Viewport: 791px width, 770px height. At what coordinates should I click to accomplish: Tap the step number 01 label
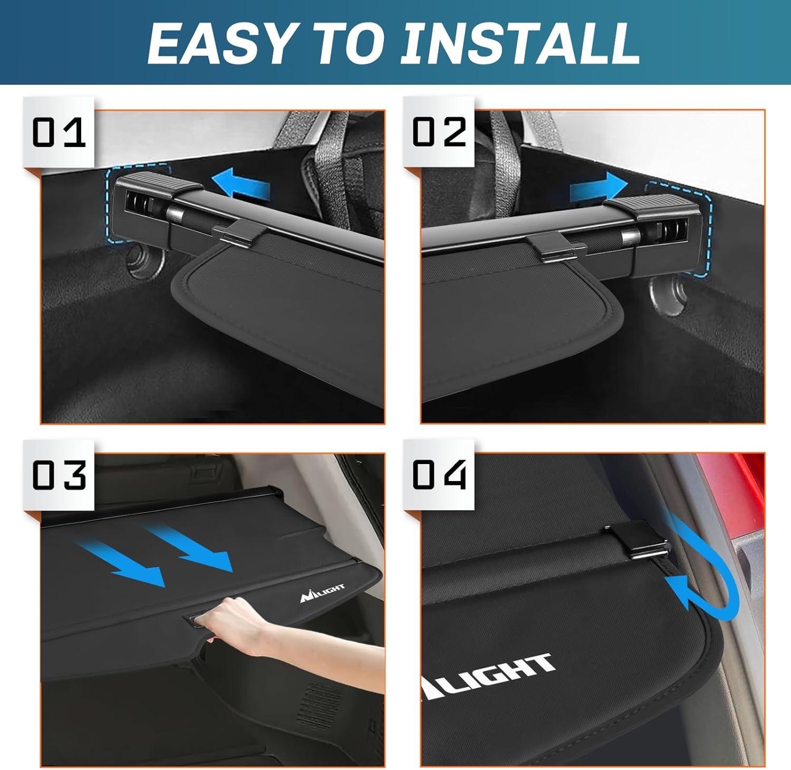coord(59,132)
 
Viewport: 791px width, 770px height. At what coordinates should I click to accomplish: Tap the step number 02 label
coord(439,132)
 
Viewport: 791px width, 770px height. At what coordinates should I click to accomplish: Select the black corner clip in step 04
coord(644,542)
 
